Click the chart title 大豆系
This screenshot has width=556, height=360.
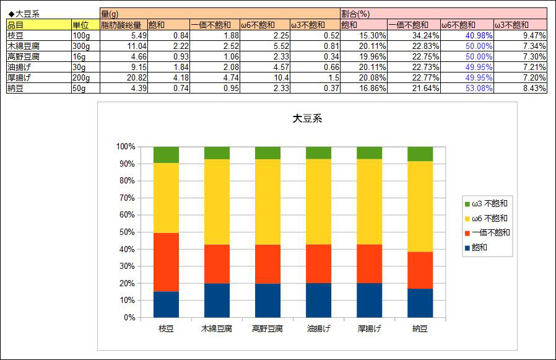point(307,119)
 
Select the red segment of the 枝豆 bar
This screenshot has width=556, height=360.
point(166,262)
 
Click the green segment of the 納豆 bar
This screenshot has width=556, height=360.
point(420,154)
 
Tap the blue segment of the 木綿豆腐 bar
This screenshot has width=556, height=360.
point(217,300)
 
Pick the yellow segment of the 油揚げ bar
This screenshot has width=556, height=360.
point(318,201)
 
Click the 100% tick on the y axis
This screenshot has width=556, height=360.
point(124,147)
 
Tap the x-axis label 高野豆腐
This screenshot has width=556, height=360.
point(267,328)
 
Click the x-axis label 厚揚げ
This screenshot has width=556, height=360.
point(369,328)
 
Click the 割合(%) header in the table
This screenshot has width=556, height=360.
point(355,14)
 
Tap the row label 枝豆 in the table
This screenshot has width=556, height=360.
point(15,35)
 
